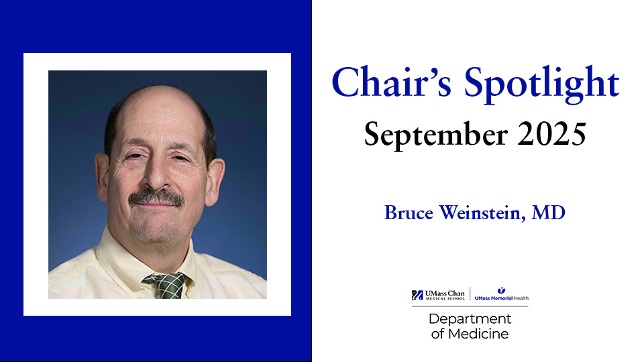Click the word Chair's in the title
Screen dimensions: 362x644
click(x=385, y=84)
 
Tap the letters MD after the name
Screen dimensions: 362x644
click(x=549, y=213)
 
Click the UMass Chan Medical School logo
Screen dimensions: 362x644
click(x=439, y=295)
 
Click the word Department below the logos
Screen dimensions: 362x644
click(x=470, y=319)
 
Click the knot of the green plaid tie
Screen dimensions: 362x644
click(x=167, y=284)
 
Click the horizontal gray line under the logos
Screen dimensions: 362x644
click(x=470, y=306)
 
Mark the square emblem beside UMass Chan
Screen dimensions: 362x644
click(x=417, y=295)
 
